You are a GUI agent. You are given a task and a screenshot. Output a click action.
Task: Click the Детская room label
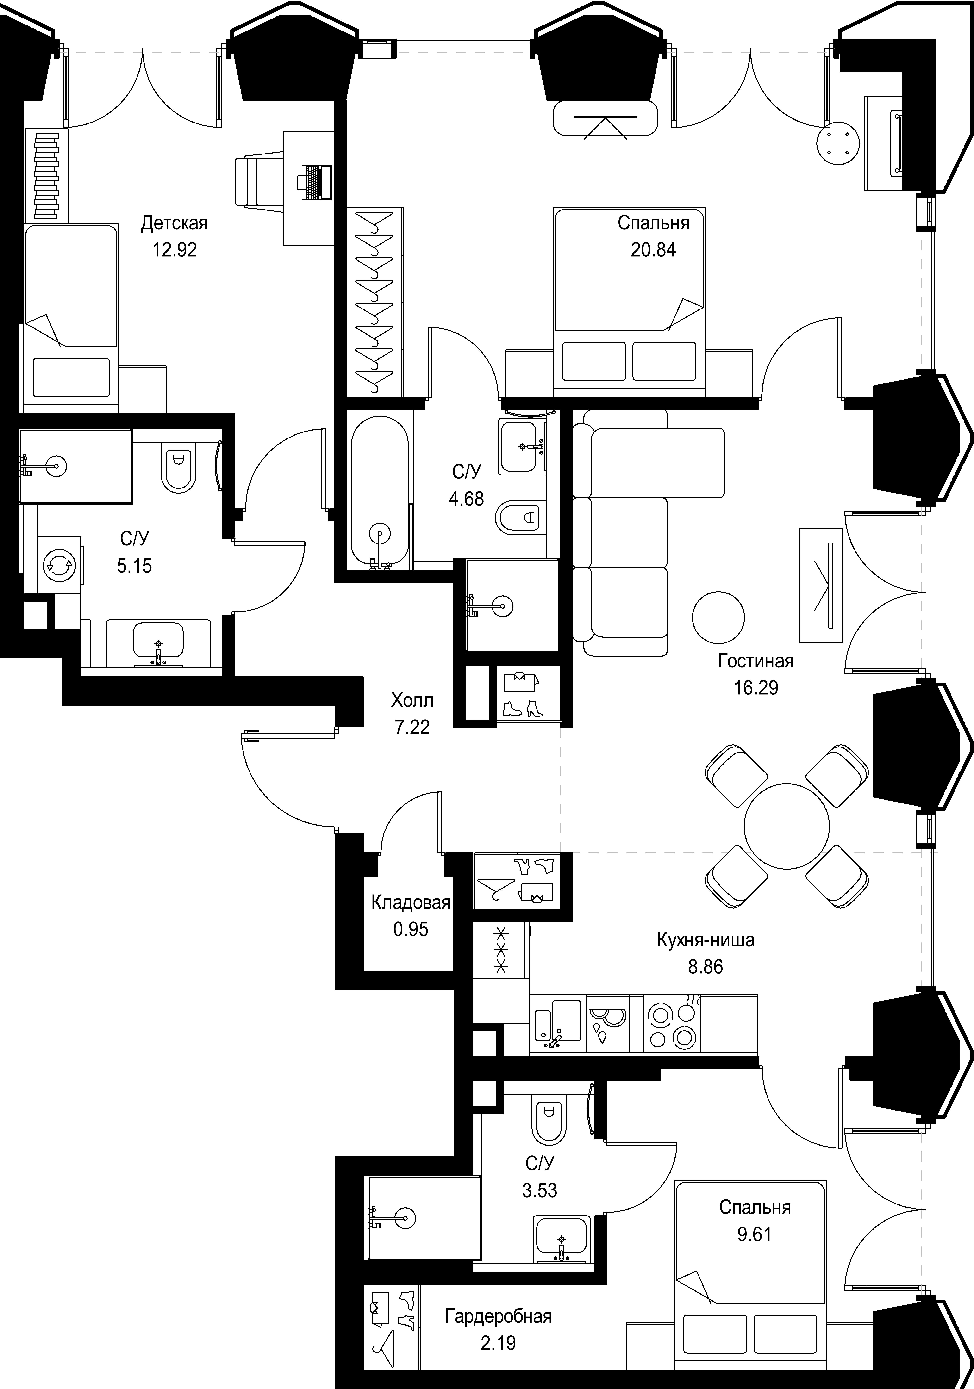tap(174, 223)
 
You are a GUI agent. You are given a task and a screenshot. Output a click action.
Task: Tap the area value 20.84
tap(653, 250)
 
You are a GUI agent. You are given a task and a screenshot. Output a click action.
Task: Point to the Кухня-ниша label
tap(705, 940)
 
